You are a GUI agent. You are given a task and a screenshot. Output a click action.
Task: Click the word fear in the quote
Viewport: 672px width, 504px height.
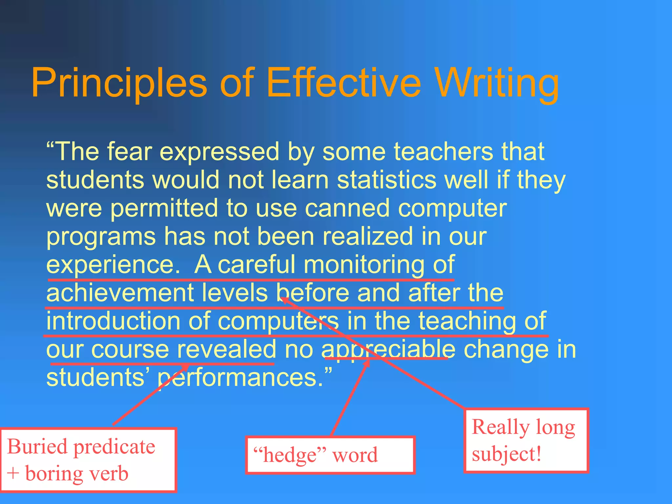pyautogui.click(x=129, y=151)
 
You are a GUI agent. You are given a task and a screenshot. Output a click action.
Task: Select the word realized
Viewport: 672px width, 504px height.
pyautogui.click(x=367, y=236)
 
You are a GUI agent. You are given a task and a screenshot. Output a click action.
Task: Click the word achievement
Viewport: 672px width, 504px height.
pyautogui.click(x=120, y=292)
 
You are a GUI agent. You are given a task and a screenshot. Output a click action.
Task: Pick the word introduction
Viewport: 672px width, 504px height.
pyautogui.click(x=113, y=321)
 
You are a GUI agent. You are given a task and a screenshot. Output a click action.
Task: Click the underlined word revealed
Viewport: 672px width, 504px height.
pyautogui.click(x=226, y=349)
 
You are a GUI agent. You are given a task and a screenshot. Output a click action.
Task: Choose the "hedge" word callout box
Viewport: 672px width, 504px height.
pyautogui.click(x=330, y=455)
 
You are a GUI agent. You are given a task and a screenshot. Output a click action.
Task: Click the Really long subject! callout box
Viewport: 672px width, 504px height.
pyautogui.click(x=526, y=440)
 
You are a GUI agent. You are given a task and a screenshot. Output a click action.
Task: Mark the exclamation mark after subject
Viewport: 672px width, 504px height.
pyautogui.click(x=538, y=453)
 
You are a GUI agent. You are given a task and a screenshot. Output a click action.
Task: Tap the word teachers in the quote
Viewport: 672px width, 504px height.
pyautogui.click(x=443, y=151)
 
